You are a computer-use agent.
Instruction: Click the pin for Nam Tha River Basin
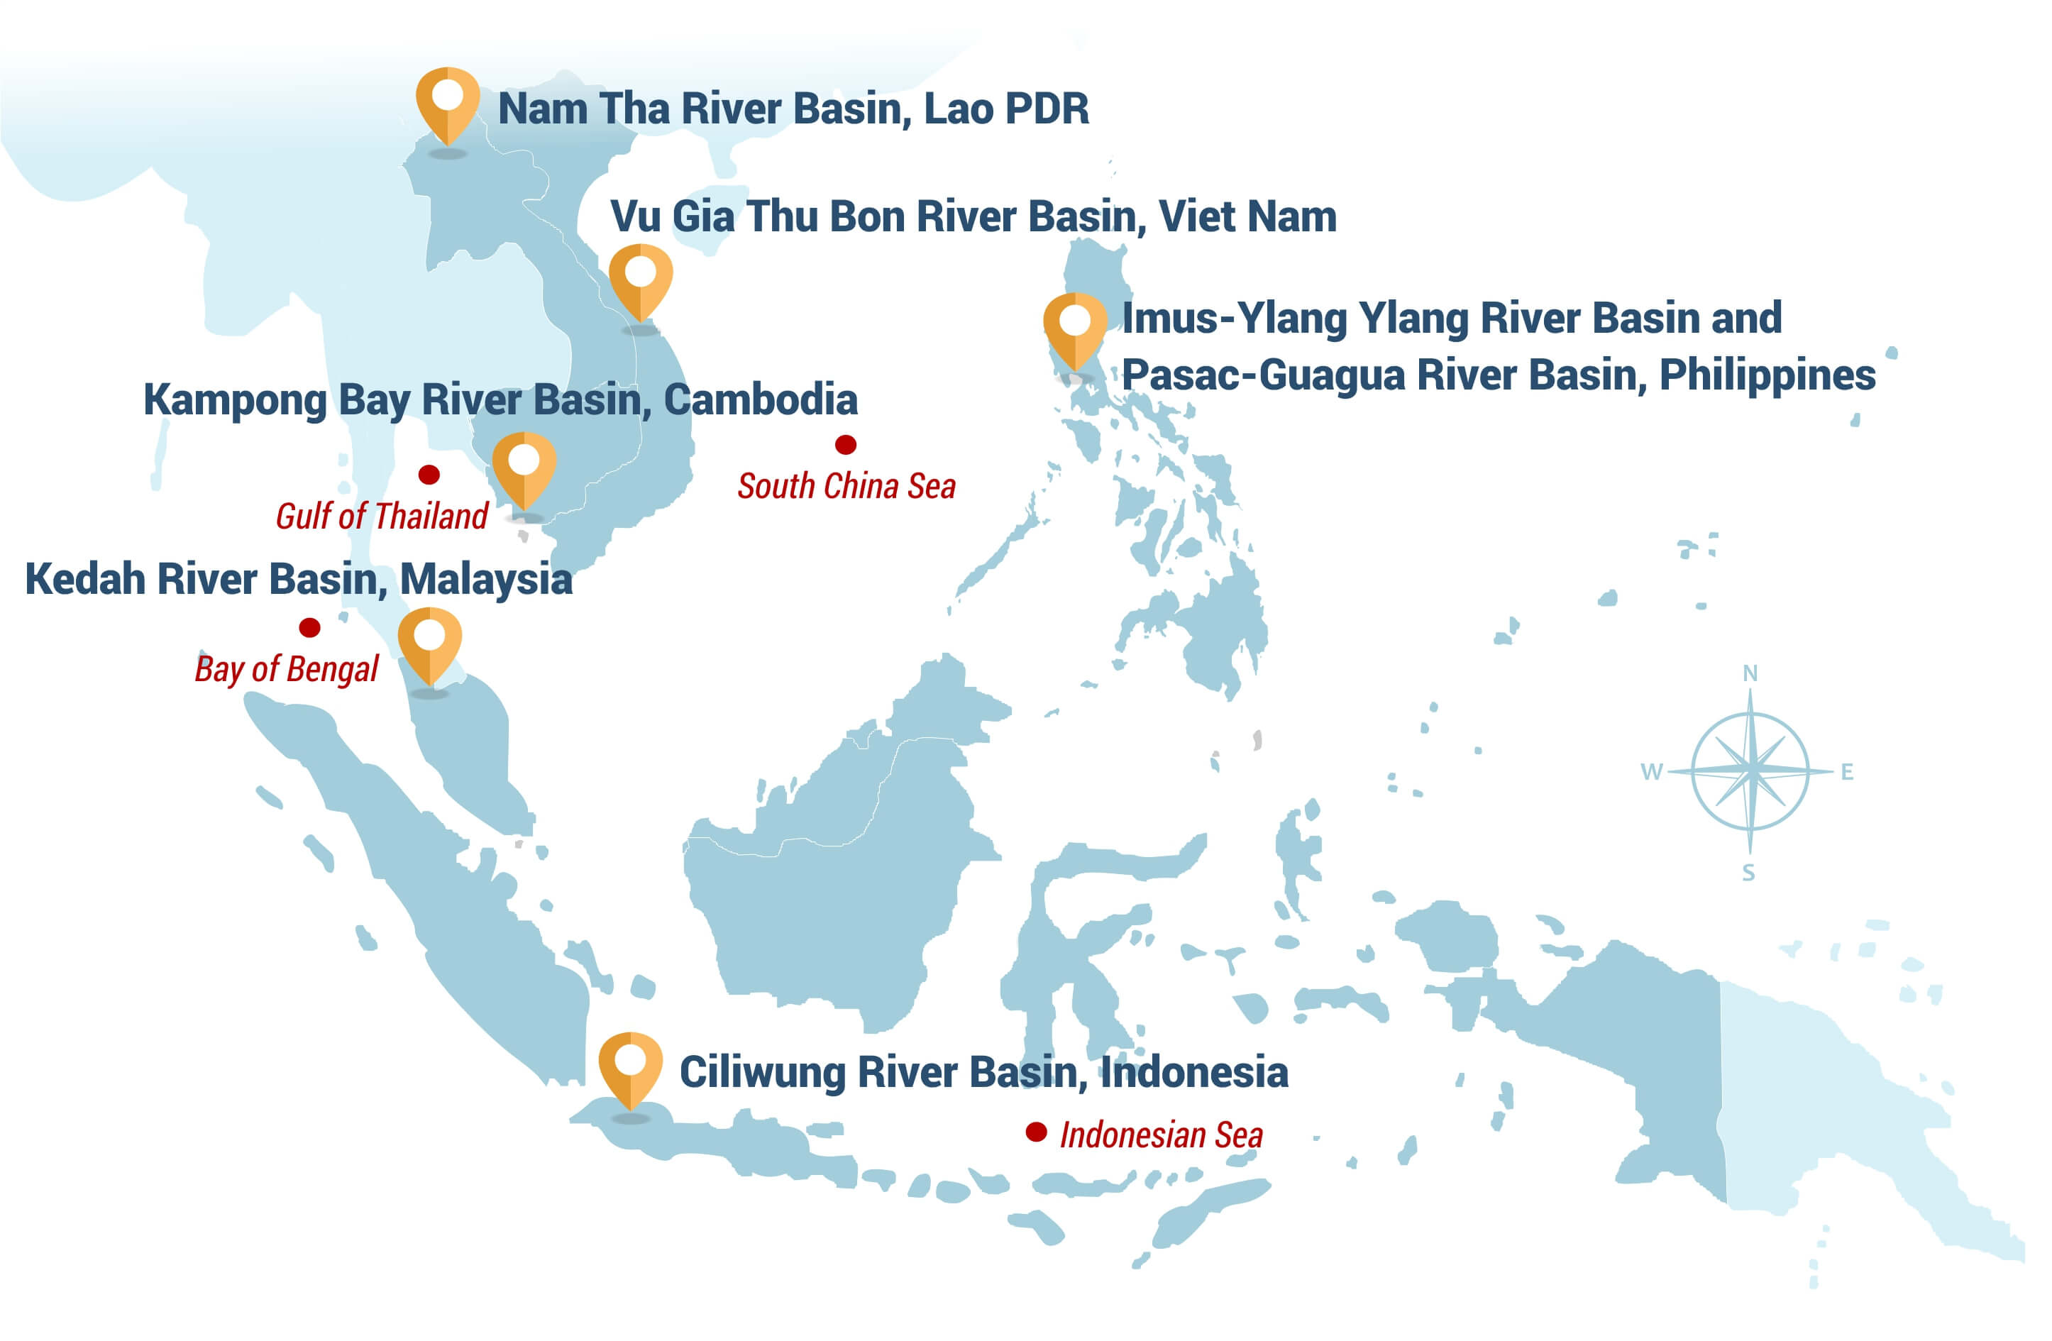[448, 101]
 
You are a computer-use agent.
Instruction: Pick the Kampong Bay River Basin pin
[524, 467]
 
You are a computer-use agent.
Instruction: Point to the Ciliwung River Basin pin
[630, 1066]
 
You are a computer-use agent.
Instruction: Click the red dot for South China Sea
[845, 444]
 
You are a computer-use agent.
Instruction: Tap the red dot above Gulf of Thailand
[429, 474]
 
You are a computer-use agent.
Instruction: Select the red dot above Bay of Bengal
[309, 627]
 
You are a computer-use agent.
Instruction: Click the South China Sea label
[846, 487]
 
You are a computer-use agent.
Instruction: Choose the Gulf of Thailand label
[381, 517]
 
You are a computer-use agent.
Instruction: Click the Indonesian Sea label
[1161, 1135]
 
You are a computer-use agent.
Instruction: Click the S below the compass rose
[1748, 873]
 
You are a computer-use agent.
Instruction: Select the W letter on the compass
[1651, 772]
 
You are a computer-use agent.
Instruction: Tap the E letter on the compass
[1847, 772]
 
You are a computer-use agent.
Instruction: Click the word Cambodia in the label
[761, 399]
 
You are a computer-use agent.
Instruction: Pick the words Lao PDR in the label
[1006, 109]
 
